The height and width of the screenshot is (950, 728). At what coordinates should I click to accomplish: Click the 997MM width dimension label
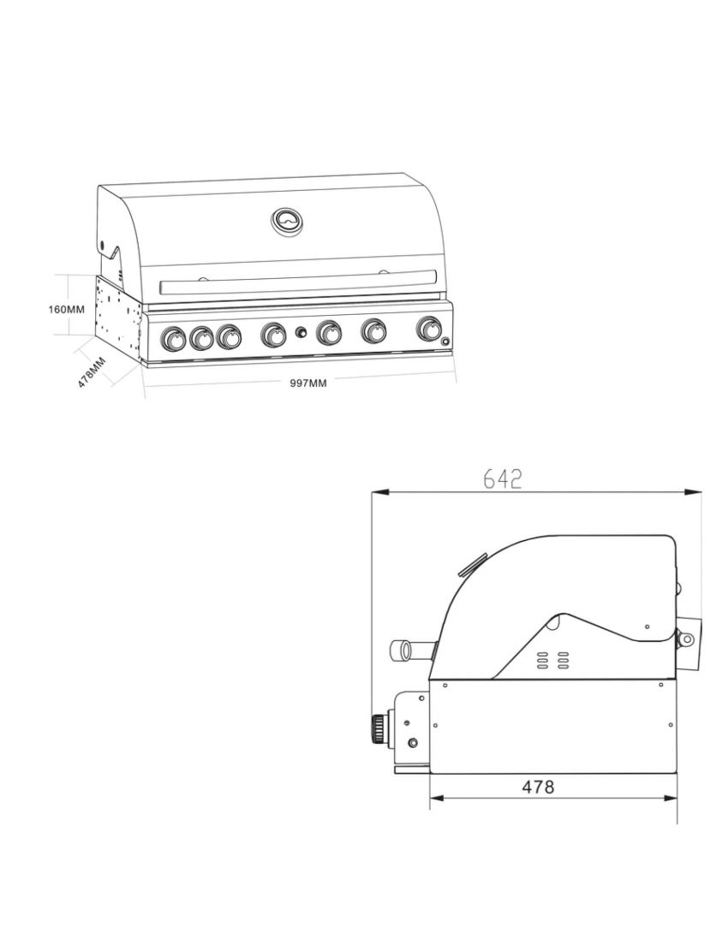coord(308,383)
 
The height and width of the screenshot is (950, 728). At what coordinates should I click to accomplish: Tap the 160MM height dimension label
coord(66,309)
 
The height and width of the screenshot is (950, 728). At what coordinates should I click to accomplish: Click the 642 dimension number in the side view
coord(502,479)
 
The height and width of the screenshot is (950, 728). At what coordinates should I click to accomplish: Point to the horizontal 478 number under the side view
coord(538,787)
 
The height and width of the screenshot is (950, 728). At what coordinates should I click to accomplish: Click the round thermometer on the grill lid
coord(287,221)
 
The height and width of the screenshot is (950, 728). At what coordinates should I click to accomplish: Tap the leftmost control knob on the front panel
coord(173,339)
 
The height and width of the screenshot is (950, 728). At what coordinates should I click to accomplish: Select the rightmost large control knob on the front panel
coord(430,329)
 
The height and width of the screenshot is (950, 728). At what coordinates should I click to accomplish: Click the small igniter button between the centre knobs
coord(301,333)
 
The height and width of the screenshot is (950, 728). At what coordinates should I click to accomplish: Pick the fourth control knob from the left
coord(274,335)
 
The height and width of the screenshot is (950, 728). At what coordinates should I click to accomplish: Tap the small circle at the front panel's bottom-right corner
coord(445,342)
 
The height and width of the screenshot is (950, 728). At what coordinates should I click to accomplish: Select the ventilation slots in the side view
coord(552,660)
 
